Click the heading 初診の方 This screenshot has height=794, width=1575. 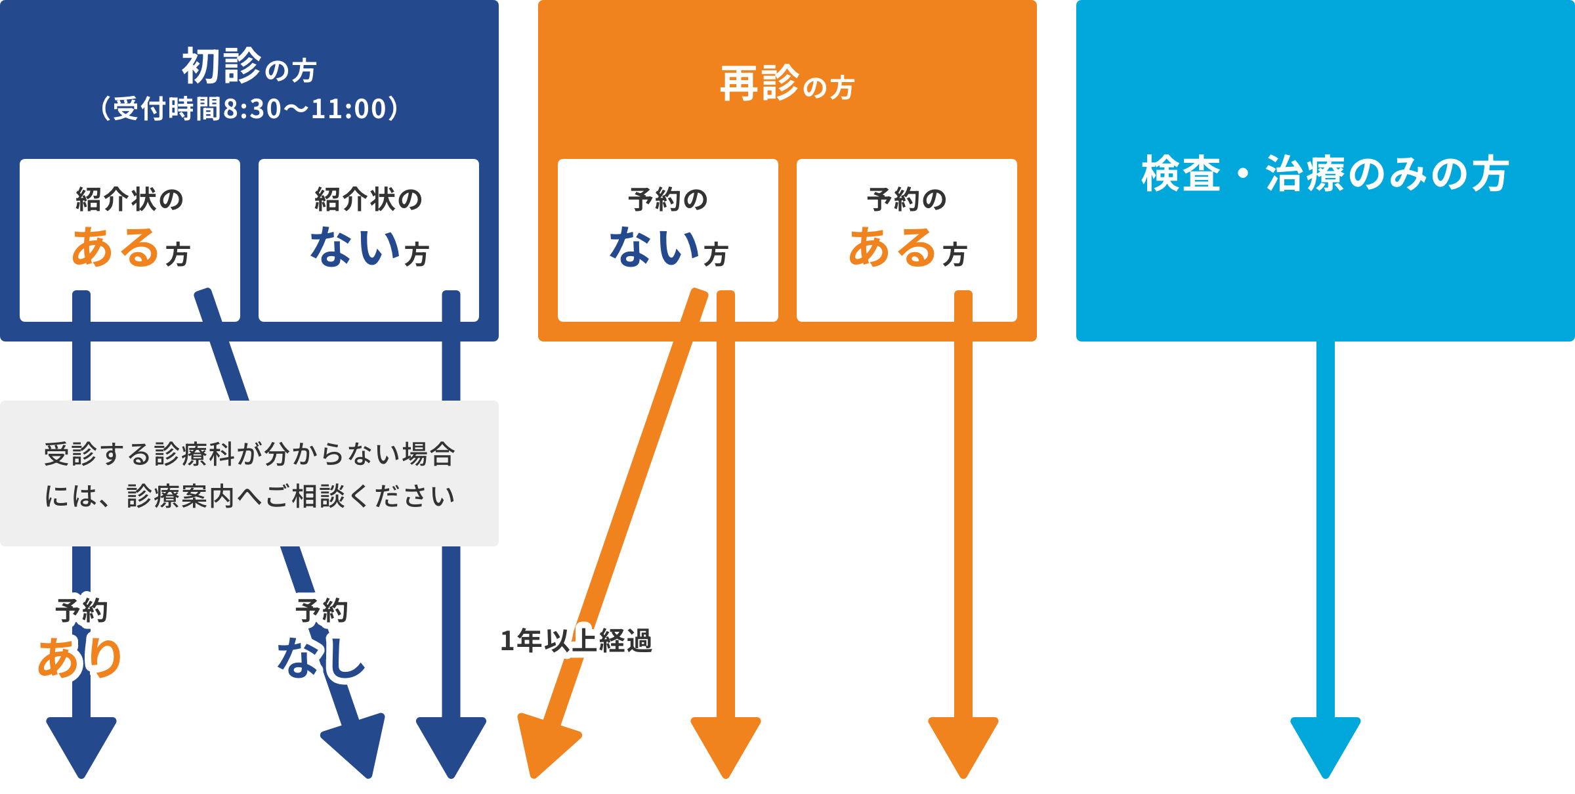(x=249, y=66)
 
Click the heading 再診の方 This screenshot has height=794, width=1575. (x=787, y=84)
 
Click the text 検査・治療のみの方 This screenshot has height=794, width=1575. (x=1325, y=174)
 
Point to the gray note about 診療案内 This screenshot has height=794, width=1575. (x=249, y=474)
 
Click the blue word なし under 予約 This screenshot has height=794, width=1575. (x=321, y=657)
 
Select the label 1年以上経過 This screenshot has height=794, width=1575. (x=576, y=640)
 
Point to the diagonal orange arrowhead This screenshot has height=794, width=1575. (x=544, y=745)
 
